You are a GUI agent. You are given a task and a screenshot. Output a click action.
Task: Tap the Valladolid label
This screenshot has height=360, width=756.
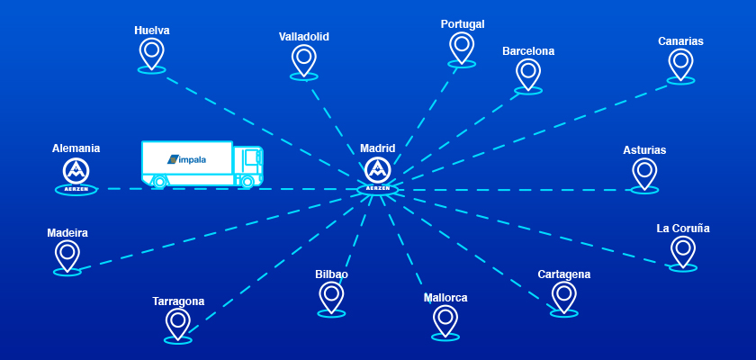pyautogui.click(x=304, y=37)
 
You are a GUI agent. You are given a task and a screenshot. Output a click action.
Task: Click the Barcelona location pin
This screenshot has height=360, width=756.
pyautogui.click(x=528, y=73)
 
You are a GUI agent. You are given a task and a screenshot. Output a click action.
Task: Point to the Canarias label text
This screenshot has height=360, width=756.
pyautogui.click(x=680, y=41)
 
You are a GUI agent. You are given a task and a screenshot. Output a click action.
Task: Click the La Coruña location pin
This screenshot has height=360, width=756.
pyautogui.click(x=683, y=249)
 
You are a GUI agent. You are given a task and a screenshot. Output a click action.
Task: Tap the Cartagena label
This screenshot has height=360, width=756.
pyautogui.click(x=564, y=274)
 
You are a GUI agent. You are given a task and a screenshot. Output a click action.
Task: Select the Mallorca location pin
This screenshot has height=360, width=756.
pyautogui.click(x=445, y=319)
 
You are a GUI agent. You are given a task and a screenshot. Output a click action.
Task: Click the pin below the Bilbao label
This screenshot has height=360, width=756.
pyautogui.click(x=331, y=296)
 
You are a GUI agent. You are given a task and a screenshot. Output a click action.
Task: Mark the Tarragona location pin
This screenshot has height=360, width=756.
pyautogui.click(x=178, y=322)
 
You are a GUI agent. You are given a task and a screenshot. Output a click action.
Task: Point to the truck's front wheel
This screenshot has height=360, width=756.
pyautogui.click(x=246, y=181)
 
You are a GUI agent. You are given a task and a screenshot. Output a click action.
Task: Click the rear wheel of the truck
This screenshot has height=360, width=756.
pyautogui.click(x=160, y=181)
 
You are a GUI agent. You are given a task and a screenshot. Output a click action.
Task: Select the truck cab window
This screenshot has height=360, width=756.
pyautogui.click(x=251, y=157)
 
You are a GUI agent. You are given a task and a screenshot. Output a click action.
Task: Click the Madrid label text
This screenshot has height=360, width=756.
pyautogui.click(x=377, y=148)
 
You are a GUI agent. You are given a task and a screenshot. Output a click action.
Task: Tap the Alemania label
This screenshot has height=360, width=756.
pyautogui.click(x=76, y=148)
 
